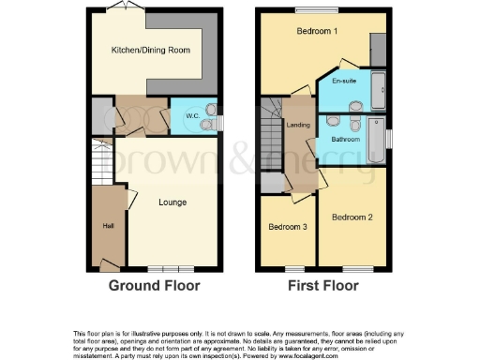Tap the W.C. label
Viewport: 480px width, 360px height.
coord(192,117)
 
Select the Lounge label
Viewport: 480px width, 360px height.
coord(172,202)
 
